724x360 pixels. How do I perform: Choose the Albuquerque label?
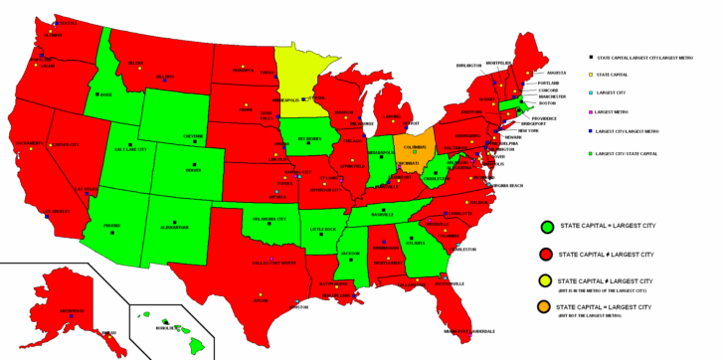(174, 227)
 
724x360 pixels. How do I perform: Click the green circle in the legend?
(546, 228)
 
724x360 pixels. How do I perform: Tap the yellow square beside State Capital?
(592, 75)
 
